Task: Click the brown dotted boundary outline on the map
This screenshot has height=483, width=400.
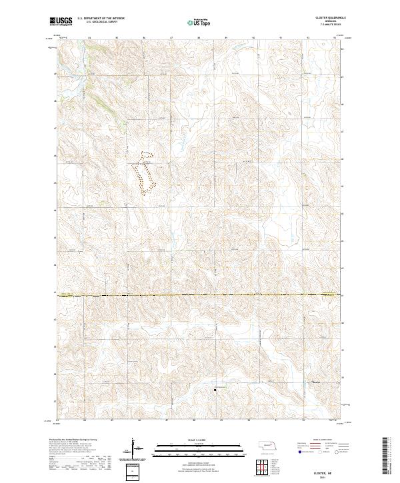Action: pos(144,174)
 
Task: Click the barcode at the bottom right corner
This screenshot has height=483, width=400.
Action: pos(386,458)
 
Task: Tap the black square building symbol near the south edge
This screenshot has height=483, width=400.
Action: pos(215,390)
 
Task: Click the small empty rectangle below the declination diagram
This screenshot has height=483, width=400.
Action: pos(133,472)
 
